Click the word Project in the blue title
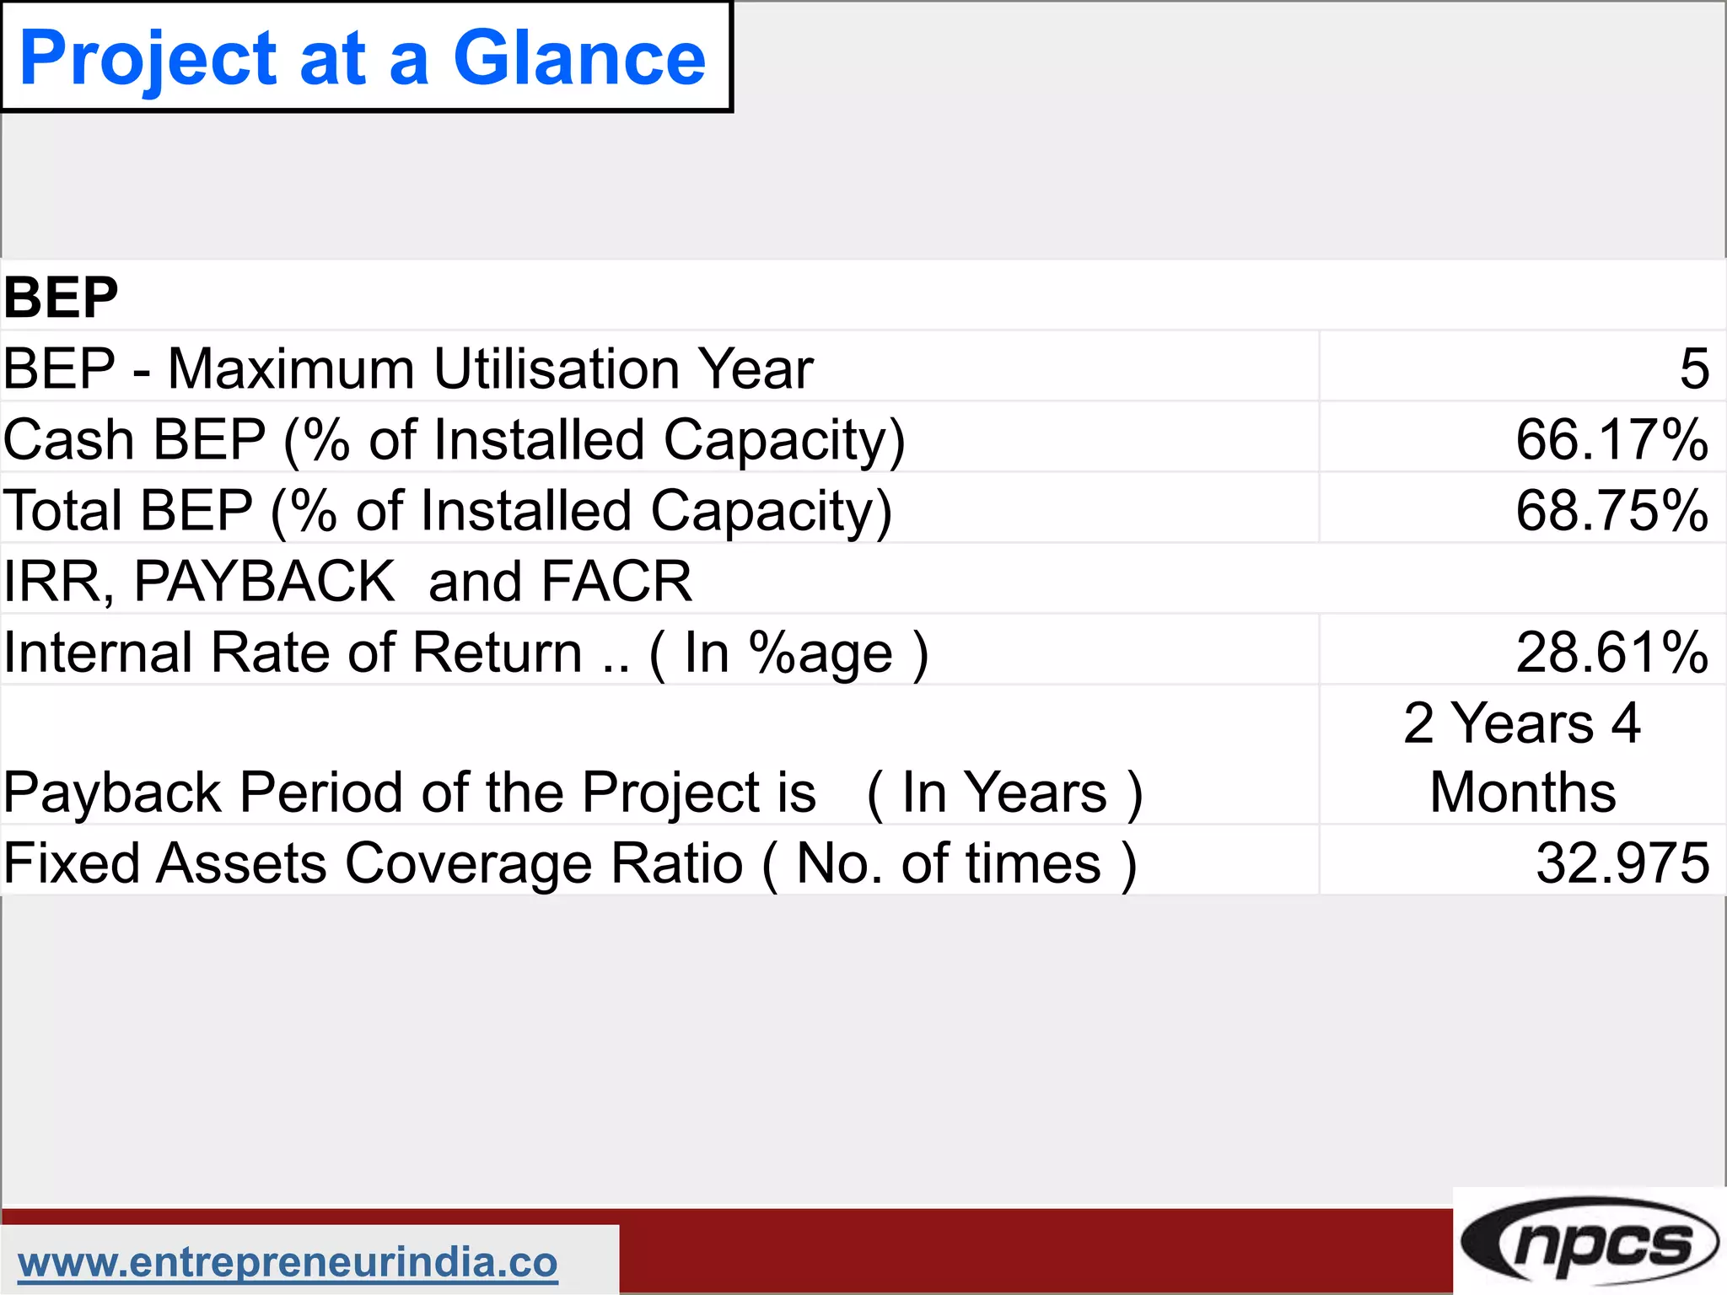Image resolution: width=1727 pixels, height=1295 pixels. [148, 59]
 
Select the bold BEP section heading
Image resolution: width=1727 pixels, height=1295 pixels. [61, 297]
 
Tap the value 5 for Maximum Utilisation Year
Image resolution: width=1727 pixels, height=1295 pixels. [1693, 368]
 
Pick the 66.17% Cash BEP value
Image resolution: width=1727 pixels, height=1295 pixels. [1611, 439]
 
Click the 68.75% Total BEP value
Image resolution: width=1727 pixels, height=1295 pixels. [1611, 510]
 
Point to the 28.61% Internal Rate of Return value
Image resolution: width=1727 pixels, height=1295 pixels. [1611, 652]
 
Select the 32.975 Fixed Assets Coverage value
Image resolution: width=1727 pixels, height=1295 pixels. [1622, 862]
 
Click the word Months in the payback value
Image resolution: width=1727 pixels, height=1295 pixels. [1523, 793]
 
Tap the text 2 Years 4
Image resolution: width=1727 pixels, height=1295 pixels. [1522, 723]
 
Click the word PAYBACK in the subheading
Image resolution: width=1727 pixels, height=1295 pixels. [264, 581]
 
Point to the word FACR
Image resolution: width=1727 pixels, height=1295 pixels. [616, 581]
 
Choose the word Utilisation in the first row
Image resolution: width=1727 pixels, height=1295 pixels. [557, 368]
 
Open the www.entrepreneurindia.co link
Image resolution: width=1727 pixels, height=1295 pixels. [288, 1262]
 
